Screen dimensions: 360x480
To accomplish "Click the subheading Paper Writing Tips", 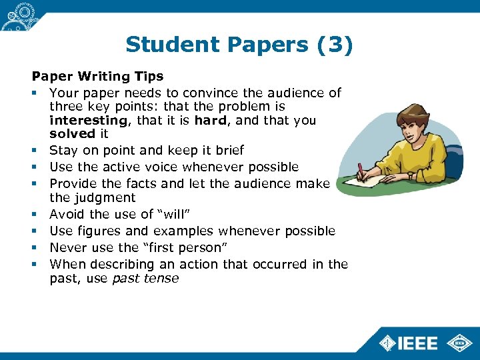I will pos(97,77).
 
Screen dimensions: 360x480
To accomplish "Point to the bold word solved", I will pos(73,135).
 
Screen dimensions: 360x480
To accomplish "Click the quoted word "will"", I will pos(179,214).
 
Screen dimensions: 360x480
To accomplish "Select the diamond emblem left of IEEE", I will pos(387,343).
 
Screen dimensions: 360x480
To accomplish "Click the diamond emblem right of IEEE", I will pos(459,343).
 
